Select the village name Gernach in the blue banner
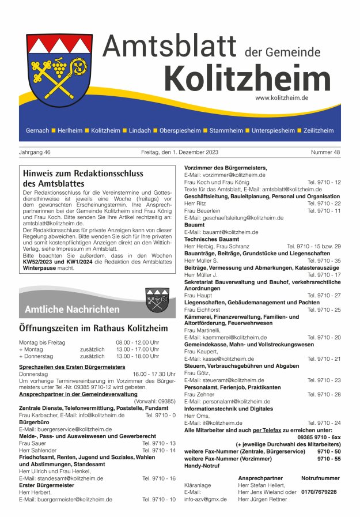pyautogui.click(x=37, y=131)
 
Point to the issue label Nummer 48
pyautogui.click(x=325, y=153)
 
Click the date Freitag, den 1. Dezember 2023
pyautogui.click(x=180, y=153)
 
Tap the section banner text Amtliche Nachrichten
pyautogui.click(x=72, y=310)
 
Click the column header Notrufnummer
pyautogui.click(x=320, y=478)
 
